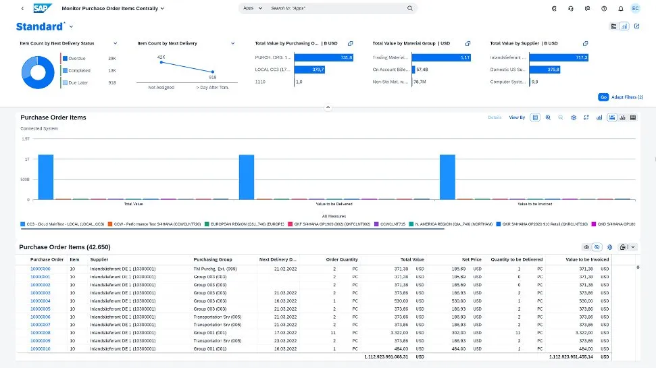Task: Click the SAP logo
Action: tap(43, 8)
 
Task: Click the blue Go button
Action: tap(603, 97)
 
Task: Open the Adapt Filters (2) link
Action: tap(627, 97)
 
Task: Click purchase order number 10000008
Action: tap(41, 333)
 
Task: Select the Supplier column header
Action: tap(99, 259)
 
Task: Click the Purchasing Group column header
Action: tap(213, 259)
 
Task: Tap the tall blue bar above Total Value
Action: tap(45, 177)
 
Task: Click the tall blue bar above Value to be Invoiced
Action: tap(447, 177)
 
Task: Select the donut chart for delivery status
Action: tap(39, 70)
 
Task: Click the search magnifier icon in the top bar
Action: tap(409, 9)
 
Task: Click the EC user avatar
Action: tap(635, 8)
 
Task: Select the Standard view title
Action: tap(40, 26)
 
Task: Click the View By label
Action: tap(517, 117)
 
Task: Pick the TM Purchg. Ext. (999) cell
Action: tap(215, 269)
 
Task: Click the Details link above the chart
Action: tap(495, 117)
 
